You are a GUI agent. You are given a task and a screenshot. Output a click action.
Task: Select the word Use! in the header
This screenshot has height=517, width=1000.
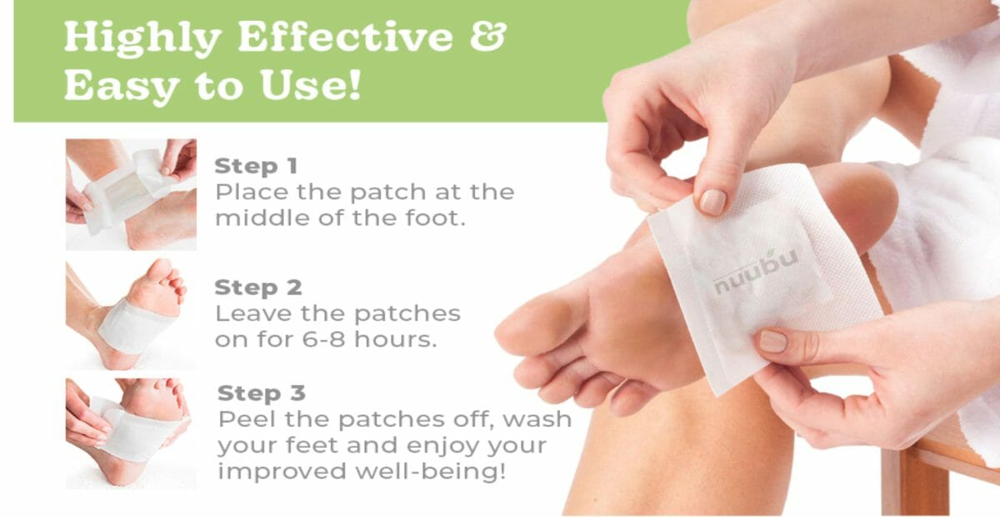311,85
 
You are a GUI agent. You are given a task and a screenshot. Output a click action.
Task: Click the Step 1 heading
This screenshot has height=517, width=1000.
256,166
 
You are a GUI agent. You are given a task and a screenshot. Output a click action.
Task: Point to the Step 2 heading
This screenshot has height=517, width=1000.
258,288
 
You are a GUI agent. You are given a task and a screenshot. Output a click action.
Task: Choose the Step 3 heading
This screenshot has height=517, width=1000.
262,394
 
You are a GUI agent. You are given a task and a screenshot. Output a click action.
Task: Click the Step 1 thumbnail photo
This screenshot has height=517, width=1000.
131,194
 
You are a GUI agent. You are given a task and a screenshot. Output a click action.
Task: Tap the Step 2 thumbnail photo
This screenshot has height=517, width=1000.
131,314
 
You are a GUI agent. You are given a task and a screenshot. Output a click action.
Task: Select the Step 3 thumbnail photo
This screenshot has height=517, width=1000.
131,434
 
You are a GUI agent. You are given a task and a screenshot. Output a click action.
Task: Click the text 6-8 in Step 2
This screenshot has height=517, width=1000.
323,339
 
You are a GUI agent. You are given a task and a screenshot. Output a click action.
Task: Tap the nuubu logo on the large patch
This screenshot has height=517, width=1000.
756,273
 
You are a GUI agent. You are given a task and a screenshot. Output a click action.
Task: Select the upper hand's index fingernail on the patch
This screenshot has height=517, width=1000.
712,202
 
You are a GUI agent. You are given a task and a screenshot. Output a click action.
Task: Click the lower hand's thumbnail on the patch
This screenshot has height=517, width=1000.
773,341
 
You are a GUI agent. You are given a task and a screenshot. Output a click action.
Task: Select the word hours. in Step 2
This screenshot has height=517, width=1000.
396,339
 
